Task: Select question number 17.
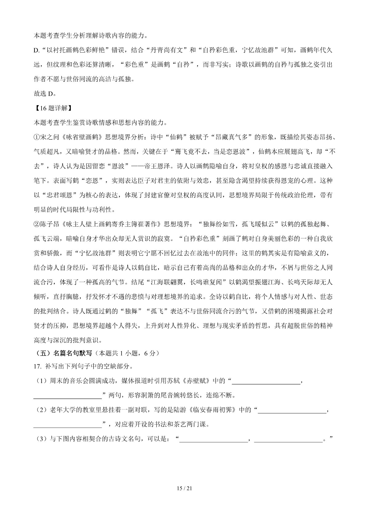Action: (37, 366)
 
